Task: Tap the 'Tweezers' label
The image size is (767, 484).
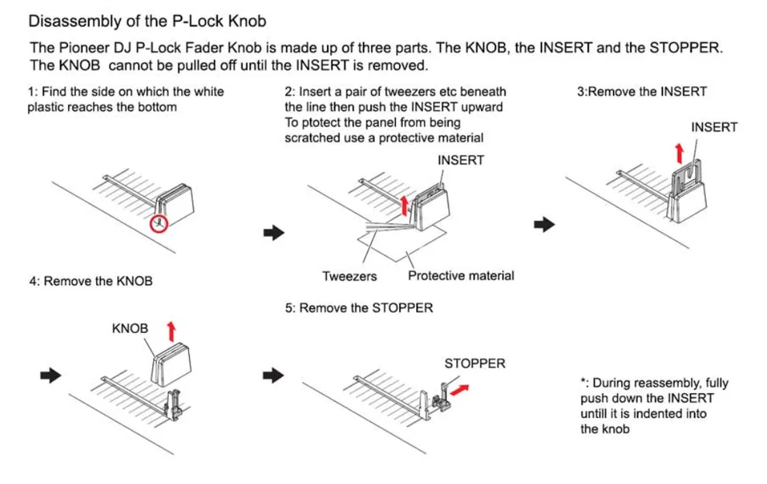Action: pyautogui.click(x=349, y=276)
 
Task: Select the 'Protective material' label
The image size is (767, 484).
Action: pyautogui.click(x=460, y=276)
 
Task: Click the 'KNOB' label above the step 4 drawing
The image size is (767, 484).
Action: pyautogui.click(x=130, y=328)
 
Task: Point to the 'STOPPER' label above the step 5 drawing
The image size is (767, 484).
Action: pyautogui.click(x=474, y=363)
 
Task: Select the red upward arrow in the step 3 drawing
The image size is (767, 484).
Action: pyautogui.click(x=679, y=150)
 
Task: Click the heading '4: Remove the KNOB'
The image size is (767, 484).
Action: pyautogui.click(x=90, y=281)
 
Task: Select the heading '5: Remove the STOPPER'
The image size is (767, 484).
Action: pyautogui.click(x=359, y=308)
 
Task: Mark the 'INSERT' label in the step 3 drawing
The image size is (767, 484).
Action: pyautogui.click(x=714, y=127)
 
